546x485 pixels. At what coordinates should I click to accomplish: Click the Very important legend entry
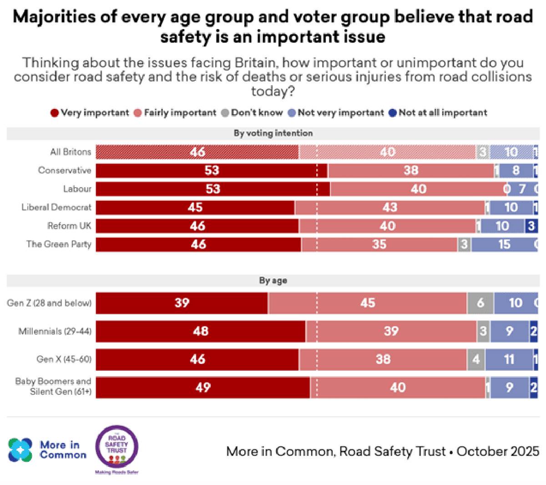coord(90,113)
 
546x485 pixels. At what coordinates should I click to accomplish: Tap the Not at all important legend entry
coord(438,113)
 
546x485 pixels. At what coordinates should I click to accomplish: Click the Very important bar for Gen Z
coord(182,303)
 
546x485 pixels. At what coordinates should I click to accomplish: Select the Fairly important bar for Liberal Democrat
coord(390,208)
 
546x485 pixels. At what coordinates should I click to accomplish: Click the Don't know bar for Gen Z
coord(480,303)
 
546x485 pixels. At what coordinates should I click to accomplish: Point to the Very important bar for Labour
coord(213,189)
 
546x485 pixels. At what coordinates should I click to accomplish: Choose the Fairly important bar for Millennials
coord(391,331)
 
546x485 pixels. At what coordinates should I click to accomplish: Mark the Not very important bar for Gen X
coord(509,359)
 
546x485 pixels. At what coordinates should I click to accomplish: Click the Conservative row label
coord(65,170)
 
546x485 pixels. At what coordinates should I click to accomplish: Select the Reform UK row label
coord(69,226)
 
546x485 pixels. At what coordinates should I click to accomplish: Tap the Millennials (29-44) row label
coord(55,331)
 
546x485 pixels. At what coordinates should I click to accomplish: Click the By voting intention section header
coord(273,133)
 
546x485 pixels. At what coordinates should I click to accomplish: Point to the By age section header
coord(273,281)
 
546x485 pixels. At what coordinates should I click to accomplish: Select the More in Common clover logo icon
coord(20,449)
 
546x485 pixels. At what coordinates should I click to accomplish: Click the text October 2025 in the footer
coord(498,451)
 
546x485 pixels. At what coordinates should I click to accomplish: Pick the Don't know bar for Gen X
coord(476,359)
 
